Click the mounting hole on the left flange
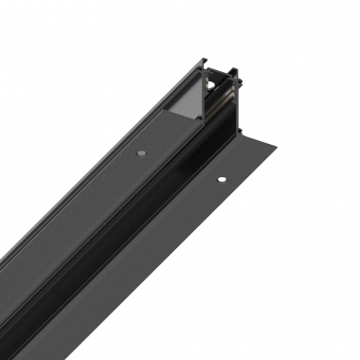(140, 152)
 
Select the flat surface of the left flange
(104, 180)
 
